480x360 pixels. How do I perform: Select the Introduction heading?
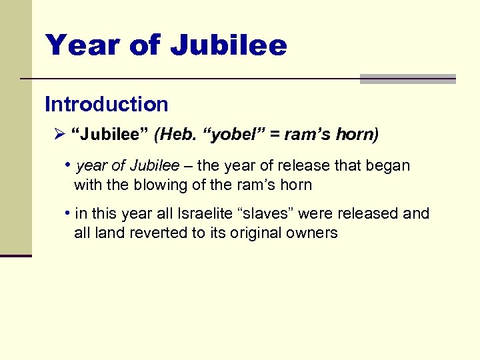107,105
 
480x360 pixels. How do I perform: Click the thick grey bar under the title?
407,79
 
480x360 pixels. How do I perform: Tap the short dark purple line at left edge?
15,255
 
